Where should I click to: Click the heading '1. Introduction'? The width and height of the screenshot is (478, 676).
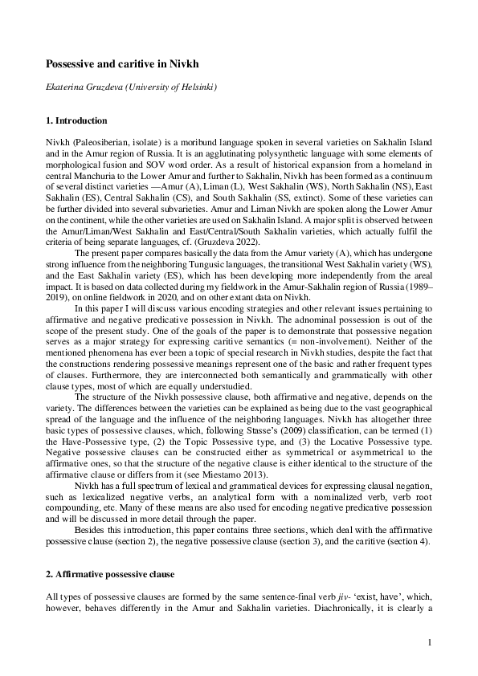(x=76, y=121)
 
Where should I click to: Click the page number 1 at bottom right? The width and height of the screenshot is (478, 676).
(x=431, y=642)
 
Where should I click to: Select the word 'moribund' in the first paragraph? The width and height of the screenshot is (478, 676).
(x=179, y=141)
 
